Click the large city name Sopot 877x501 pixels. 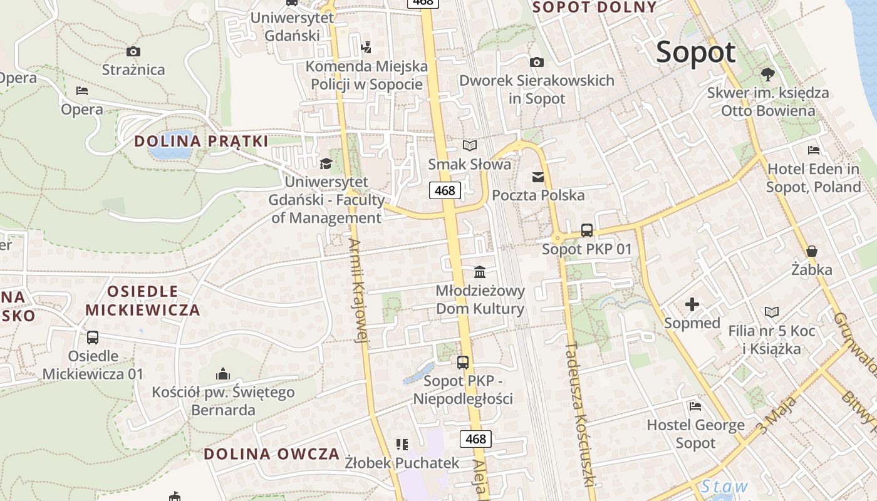[x=695, y=53]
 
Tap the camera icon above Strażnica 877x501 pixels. [x=133, y=52]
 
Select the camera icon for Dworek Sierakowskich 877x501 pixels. [x=537, y=62]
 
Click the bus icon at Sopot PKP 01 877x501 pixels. [x=587, y=230]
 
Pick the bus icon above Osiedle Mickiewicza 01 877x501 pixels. [x=93, y=338]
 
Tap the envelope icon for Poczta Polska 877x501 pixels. [x=538, y=177]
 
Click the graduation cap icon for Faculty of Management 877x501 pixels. [x=326, y=163]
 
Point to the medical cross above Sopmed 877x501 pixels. [x=692, y=305]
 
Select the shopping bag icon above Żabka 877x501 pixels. [x=812, y=251]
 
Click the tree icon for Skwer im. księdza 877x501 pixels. [x=768, y=75]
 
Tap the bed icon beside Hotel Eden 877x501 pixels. [x=814, y=150]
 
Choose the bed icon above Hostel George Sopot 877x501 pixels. [x=695, y=406]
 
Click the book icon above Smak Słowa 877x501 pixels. [x=470, y=146]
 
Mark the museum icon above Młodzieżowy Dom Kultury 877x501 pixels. [x=480, y=272]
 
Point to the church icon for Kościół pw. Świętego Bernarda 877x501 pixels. [x=223, y=374]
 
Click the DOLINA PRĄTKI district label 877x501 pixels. [x=201, y=141]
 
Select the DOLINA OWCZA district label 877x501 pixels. [x=272, y=454]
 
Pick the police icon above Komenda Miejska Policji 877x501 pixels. [x=366, y=47]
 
